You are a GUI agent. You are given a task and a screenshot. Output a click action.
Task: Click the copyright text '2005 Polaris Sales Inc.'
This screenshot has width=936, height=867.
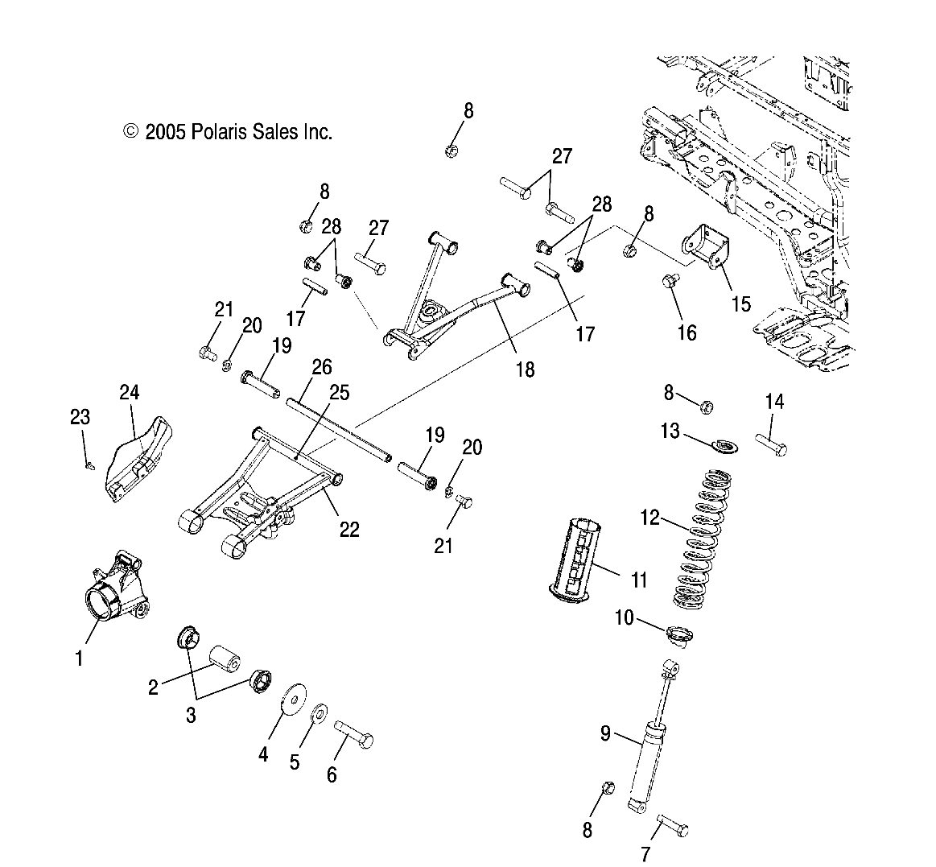[x=228, y=132]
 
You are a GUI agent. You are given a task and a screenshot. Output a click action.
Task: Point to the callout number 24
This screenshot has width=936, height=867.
[x=130, y=393]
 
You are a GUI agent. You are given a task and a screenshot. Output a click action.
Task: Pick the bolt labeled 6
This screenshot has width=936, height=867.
[x=353, y=735]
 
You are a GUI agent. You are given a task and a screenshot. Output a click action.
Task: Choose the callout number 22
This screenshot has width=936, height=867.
[x=349, y=529]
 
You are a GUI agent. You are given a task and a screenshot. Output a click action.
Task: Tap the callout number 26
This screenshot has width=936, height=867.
[x=321, y=368]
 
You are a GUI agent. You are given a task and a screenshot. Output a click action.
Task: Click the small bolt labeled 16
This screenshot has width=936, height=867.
[x=670, y=282]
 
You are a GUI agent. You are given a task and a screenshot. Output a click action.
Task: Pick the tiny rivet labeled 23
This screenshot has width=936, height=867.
[x=90, y=464]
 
